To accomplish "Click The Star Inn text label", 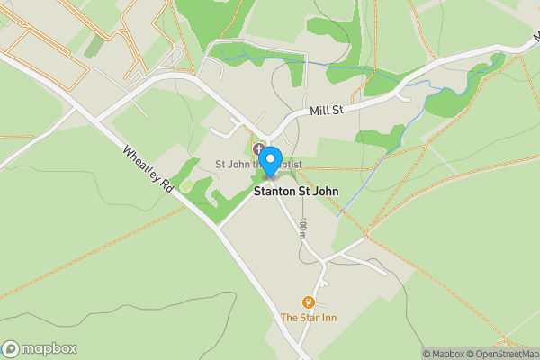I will [x=308, y=318].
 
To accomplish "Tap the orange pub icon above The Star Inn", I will [x=309, y=302].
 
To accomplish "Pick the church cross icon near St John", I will [x=259, y=149].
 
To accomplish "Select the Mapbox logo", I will [x=40, y=349].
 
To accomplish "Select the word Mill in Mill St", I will [x=319, y=112].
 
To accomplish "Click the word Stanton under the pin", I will [x=274, y=191].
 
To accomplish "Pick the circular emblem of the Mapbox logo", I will [x=11, y=349].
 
